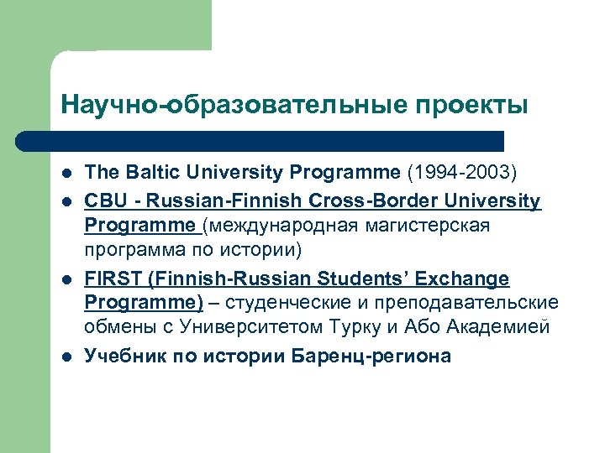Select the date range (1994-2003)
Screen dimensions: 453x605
coord(462,173)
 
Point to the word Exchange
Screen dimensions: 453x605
coord(470,279)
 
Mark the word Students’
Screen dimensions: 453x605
coord(369,279)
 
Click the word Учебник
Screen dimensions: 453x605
coord(123,356)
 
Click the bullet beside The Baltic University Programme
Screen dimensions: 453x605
coord(66,174)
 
